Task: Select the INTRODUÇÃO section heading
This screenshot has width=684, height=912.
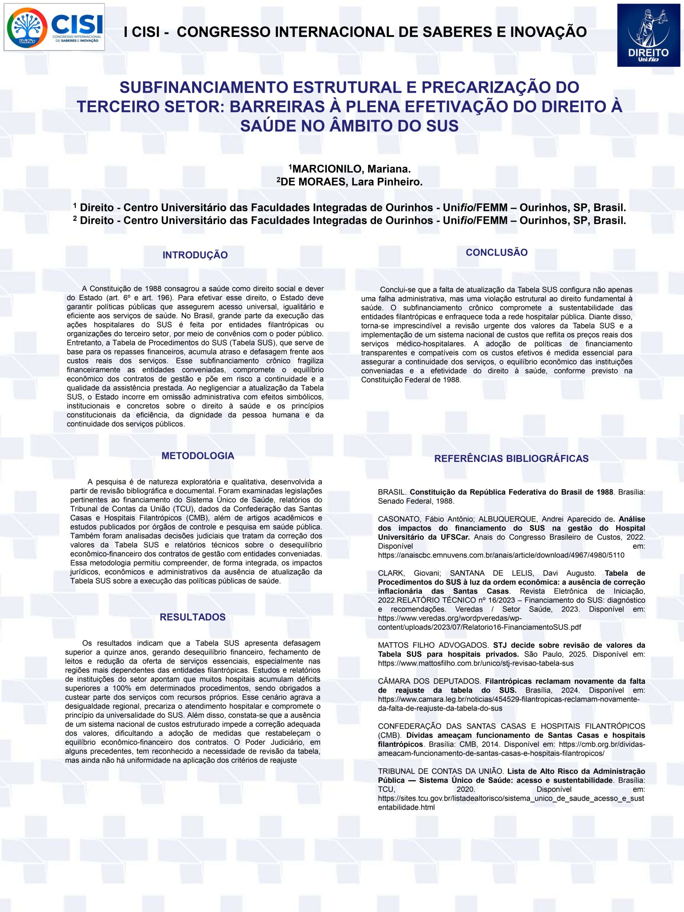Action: [195, 255]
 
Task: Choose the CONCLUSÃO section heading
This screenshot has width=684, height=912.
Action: [496, 253]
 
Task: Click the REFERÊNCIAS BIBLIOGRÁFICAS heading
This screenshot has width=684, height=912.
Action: [511, 458]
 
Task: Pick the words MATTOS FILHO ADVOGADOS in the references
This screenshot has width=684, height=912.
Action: [433, 645]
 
